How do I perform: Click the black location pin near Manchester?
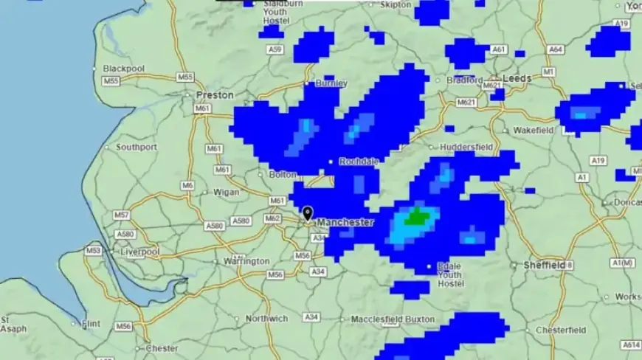tap(308, 213)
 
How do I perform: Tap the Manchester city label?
tap(345, 222)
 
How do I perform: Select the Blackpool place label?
tap(124, 69)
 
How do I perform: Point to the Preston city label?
tap(215, 95)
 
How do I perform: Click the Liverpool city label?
tap(140, 252)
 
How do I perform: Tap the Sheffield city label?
tap(545, 264)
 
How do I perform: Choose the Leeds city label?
tap(517, 79)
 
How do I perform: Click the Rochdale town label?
tap(359, 162)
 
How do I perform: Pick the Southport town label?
tap(137, 147)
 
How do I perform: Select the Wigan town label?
tap(227, 193)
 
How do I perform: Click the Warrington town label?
tap(246, 261)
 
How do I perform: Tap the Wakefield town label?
tap(534, 131)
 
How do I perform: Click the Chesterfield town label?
tap(562, 330)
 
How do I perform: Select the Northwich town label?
tap(266, 319)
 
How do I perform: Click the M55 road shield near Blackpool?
tap(111, 80)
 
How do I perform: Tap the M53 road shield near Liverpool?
tap(93, 251)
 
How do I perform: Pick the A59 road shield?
tap(275, 49)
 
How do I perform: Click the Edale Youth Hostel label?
tap(450, 275)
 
